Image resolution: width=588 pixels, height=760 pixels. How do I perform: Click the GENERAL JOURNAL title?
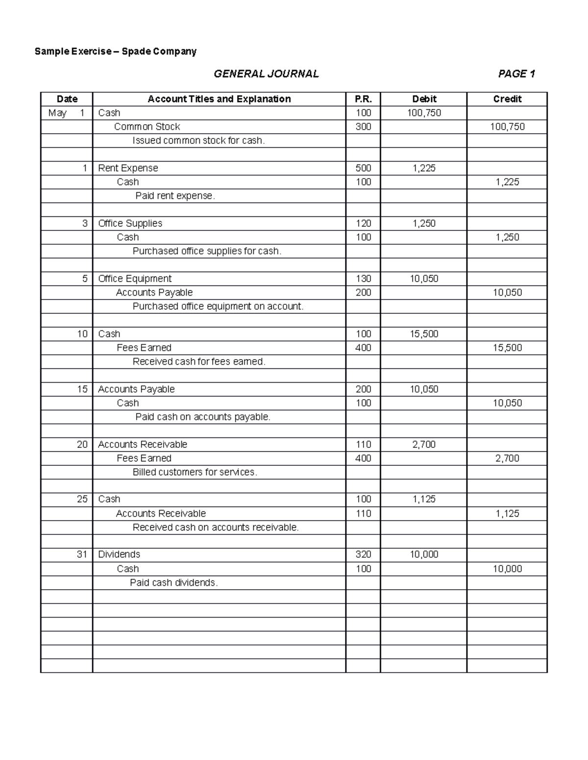click(x=266, y=74)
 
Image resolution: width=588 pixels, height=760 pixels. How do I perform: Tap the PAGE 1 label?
click(x=516, y=74)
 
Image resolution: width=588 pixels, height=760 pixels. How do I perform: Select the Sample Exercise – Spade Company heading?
click(x=115, y=51)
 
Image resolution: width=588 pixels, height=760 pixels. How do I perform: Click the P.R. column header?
click(x=363, y=99)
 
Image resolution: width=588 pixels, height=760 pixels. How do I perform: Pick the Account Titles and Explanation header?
click(x=219, y=99)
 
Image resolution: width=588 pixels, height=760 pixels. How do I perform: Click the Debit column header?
click(x=424, y=99)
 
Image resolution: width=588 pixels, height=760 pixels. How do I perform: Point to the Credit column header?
click(x=507, y=99)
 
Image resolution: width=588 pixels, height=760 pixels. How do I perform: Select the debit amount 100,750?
click(x=424, y=113)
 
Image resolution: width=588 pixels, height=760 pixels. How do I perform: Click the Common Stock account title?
click(x=147, y=127)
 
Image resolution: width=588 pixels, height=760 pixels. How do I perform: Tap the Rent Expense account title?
click(x=128, y=168)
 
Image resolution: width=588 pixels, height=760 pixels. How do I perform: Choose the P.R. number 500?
click(x=363, y=168)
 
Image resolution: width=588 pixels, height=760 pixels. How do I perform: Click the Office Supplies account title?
click(x=130, y=224)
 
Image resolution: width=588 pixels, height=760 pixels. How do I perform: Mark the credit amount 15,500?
click(x=507, y=348)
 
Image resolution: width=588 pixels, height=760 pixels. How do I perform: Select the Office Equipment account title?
click(x=135, y=279)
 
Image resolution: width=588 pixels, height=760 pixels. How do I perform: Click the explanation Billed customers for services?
click(x=195, y=472)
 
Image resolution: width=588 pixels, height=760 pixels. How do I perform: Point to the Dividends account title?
click(x=119, y=554)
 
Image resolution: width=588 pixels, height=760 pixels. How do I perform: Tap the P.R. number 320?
click(x=363, y=554)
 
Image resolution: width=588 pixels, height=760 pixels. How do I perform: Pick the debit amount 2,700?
click(x=424, y=444)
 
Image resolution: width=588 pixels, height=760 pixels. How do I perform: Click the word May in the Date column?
click(x=57, y=113)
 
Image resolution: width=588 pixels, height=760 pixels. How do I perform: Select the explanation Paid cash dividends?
click(x=173, y=583)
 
